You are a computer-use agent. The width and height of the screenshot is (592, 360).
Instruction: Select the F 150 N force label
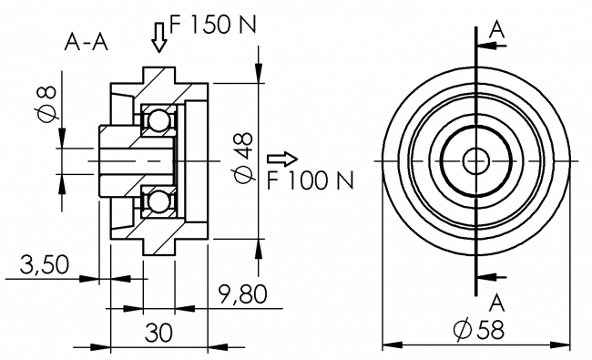click(x=210, y=26)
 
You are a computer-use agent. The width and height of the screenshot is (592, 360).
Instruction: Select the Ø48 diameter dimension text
click(x=242, y=156)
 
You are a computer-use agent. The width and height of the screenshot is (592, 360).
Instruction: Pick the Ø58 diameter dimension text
click(x=478, y=330)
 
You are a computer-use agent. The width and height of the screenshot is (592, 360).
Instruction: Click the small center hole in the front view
click(x=475, y=159)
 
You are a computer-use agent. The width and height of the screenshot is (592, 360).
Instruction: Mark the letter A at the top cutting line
click(x=496, y=29)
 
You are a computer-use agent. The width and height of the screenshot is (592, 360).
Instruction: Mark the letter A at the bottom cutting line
click(x=496, y=301)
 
